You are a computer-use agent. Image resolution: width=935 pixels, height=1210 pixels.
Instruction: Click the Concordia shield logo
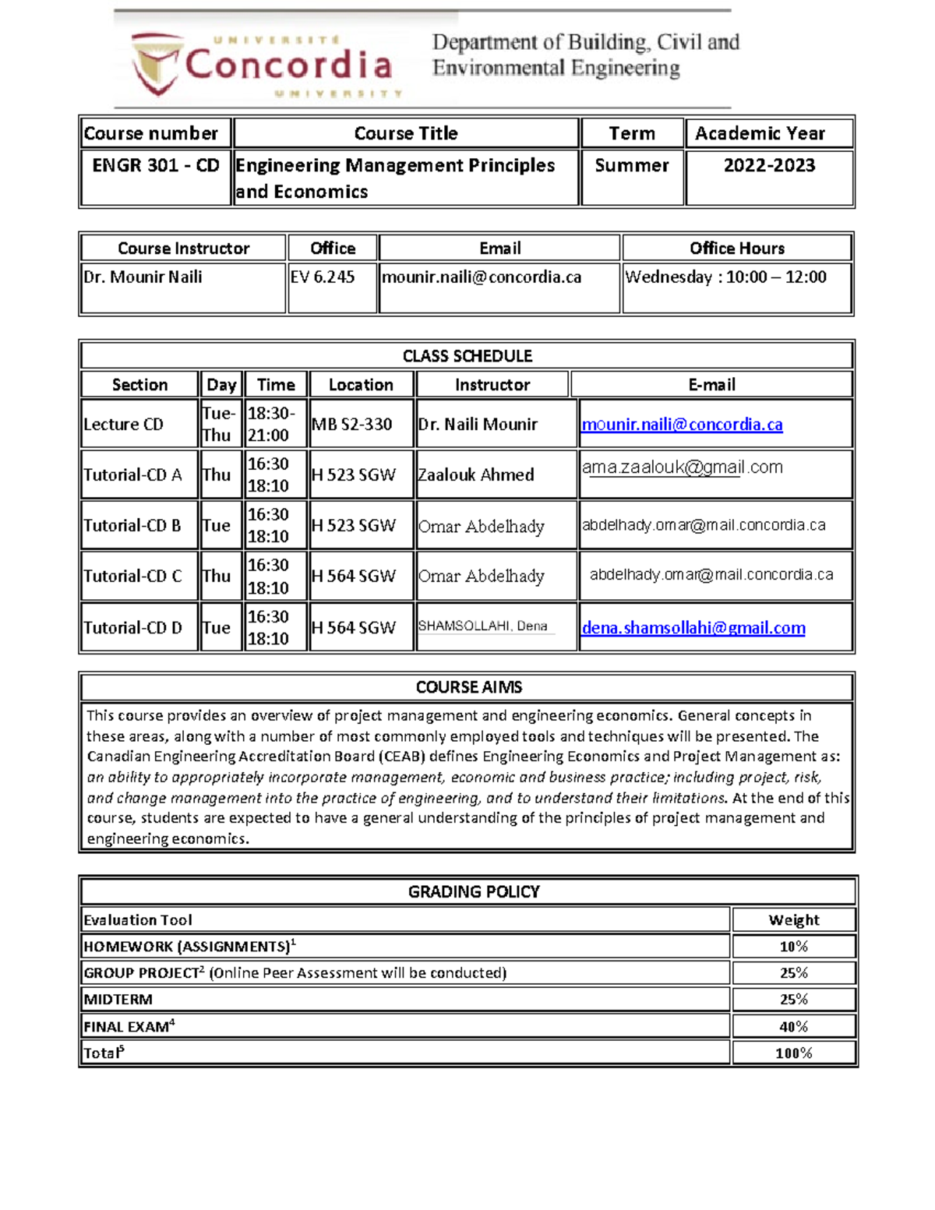[157, 64]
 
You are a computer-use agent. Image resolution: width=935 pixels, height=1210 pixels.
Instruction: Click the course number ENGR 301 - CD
[155, 165]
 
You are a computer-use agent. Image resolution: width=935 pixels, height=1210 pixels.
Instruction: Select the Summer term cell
[631, 165]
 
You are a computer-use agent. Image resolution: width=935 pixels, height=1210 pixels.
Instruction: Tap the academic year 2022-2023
[768, 165]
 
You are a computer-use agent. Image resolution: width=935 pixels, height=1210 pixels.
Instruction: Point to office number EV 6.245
[323, 277]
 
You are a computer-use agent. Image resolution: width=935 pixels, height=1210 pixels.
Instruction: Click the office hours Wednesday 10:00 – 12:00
[725, 277]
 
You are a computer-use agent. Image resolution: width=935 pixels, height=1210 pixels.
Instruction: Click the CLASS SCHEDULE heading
[467, 356]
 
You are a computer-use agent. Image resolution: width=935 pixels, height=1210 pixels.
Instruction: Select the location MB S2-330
[352, 425]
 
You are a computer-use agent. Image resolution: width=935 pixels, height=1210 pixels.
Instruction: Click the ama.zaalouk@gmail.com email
[682, 467]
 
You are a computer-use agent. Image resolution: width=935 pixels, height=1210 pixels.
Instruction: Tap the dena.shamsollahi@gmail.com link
[693, 628]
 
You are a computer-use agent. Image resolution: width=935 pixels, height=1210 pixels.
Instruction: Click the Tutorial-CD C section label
[132, 577]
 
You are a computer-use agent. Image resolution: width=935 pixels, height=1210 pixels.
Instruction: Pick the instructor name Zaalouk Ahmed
[476, 475]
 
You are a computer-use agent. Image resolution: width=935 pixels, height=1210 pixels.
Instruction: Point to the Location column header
[361, 385]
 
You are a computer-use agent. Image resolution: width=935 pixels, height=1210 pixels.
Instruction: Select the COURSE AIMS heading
[468, 687]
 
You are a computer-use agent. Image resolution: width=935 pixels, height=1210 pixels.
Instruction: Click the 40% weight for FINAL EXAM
[793, 1027]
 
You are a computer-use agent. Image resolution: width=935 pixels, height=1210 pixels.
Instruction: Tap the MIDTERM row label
[118, 1000]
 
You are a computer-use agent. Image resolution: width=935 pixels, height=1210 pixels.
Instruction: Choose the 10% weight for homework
[793, 947]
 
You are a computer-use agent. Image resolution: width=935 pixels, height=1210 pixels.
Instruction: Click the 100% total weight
[793, 1053]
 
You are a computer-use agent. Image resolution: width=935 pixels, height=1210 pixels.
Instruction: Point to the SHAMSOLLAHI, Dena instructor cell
[483, 626]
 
